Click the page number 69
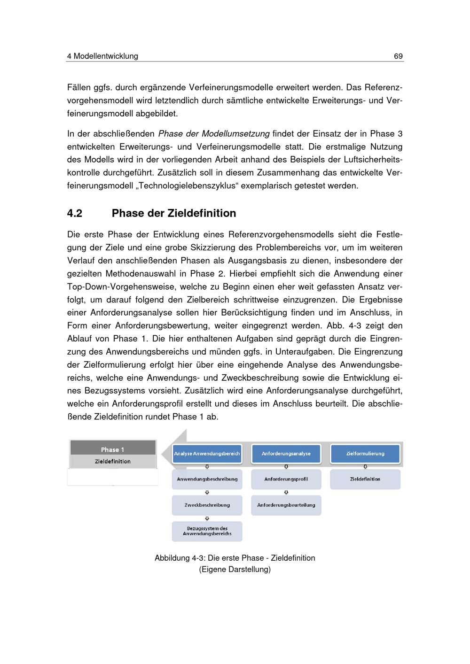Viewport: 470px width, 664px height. click(398, 56)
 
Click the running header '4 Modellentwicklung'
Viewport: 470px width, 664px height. click(102, 56)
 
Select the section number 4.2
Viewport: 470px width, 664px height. click(75, 214)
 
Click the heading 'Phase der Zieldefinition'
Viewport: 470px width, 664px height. click(174, 214)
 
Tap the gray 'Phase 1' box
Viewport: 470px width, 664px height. click(113, 449)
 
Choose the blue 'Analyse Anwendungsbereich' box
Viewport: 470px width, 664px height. click(207, 454)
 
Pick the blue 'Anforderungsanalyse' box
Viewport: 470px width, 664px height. click(286, 454)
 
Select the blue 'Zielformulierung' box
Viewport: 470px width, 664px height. click(365, 454)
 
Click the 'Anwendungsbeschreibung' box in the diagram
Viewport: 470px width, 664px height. click(207, 479)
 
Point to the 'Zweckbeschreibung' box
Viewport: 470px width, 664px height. click(207, 505)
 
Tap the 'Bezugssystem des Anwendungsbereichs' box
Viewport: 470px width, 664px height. click(207, 531)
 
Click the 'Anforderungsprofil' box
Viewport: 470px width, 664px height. click(286, 479)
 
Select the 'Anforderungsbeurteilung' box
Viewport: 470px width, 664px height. click(286, 505)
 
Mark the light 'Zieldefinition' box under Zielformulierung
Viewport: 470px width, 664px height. click(365, 479)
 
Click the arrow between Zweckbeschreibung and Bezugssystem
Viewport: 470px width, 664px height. click(207, 518)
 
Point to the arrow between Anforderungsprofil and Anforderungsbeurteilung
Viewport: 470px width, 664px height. click(286, 493)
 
